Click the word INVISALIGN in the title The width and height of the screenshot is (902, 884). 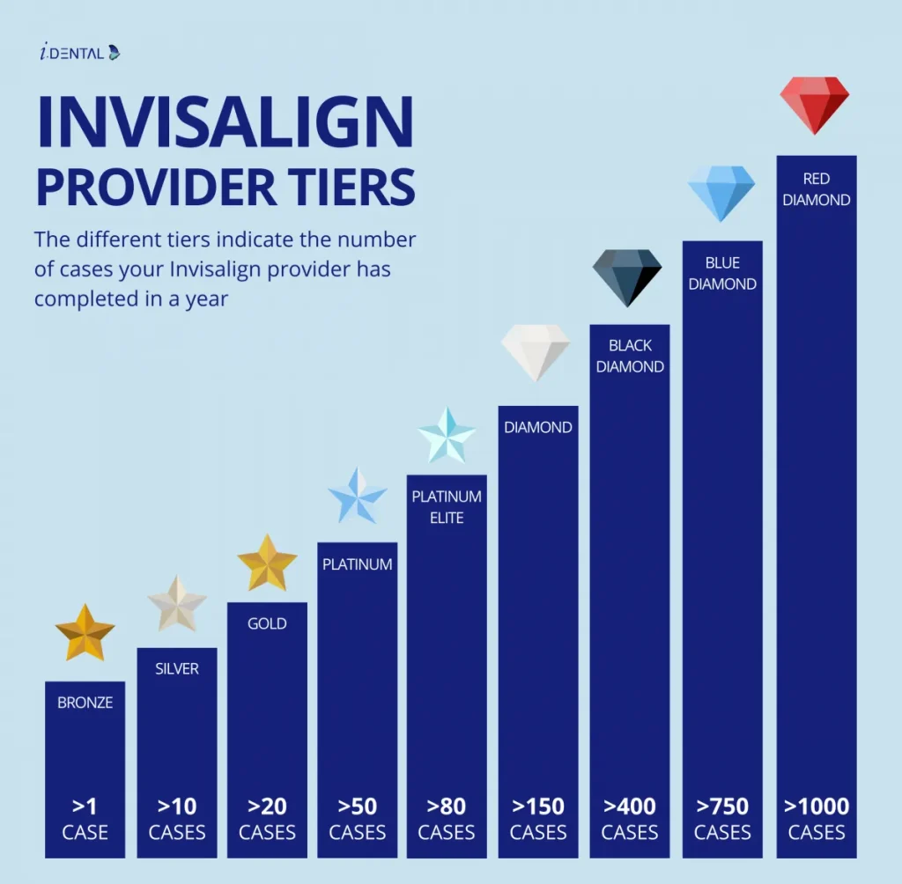pyautogui.click(x=225, y=122)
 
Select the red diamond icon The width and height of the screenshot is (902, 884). pyautogui.click(x=815, y=102)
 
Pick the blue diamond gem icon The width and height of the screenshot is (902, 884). pyautogui.click(x=721, y=192)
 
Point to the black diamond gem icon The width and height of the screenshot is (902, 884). pyautogui.click(x=626, y=276)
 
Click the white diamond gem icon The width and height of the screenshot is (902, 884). pyautogui.click(x=536, y=351)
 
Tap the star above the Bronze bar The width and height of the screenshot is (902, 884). pyautogui.click(x=85, y=631)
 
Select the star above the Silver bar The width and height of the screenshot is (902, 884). pyautogui.click(x=177, y=603)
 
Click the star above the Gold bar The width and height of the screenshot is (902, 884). pyautogui.click(x=267, y=563)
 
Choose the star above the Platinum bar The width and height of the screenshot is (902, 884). pyautogui.click(x=357, y=496)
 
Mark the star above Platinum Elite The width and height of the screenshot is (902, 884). pyautogui.click(x=447, y=435)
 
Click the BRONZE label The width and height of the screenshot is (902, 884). pyautogui.click(x=85, y=703)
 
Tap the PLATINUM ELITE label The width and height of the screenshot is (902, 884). pyautogui.click(x=447, y=507)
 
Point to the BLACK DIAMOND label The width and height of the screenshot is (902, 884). pyautogui.click(x=630, y=356)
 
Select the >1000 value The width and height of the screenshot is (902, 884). pyautogui.click(x=817, y=806)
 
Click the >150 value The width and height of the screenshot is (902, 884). pyautogui.click(x=538, y=806)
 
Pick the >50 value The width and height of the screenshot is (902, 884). pyautogui.click(x=357, y=806)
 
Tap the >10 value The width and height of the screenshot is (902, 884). pyautogui.click(x=177, y=806)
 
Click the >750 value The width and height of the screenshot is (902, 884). pyautogui.click(x=722, y=806)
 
